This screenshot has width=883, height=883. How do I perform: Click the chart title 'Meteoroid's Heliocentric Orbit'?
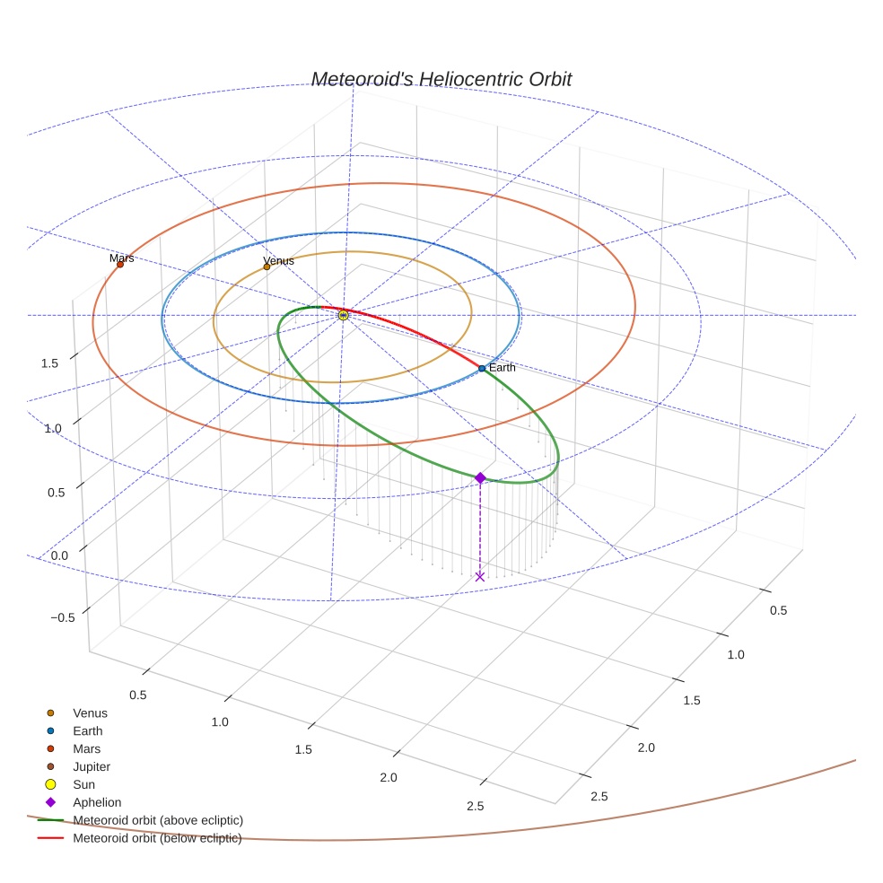pyautogui.click(x=441, y=80)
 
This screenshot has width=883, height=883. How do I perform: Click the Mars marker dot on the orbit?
pyautogui.click(x=120, y=264)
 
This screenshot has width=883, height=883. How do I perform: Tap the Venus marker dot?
pyautogui.click(x=267, y=267)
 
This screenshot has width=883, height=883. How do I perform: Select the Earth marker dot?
pyautogui.click(x=482, y=368)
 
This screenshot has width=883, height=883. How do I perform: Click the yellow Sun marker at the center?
pyautogui.click(x=343, y=315)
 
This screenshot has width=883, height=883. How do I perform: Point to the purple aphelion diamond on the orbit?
pyautogui.click(x=480, y=478)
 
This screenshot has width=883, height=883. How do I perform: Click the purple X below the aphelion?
pyautogui.click(x=480, y=576)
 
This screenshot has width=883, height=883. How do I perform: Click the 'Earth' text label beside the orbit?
pyautogui.click(x=503, y=368)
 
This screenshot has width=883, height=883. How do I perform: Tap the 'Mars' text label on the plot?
pyautogui.click(x=122, y=258)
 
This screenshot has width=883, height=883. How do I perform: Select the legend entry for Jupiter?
pyautogui.click(x=92, y=766)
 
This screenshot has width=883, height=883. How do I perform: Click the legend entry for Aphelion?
pyautogui.click(x=97, y=802)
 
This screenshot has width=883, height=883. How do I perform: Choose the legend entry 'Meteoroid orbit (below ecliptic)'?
pyautogui.click(x=157, y=838)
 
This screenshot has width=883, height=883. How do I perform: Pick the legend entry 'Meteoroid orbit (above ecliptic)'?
pyautogui.click(x=158, y=820)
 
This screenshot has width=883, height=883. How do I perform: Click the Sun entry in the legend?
pyautogui.click(x=83, y=784)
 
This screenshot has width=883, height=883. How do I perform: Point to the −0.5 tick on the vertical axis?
pyautogui.click(x=63, y=617)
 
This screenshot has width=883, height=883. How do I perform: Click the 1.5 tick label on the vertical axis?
pyautogui.click(x=50, y=363)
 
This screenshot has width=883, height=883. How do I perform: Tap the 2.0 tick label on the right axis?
pyautogui.click(x=646, y=747)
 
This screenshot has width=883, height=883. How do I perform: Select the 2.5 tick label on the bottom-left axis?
pyautogui.click(x=476, y=807)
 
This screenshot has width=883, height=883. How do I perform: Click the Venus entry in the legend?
pyautogui.click(x=90, y=713)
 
